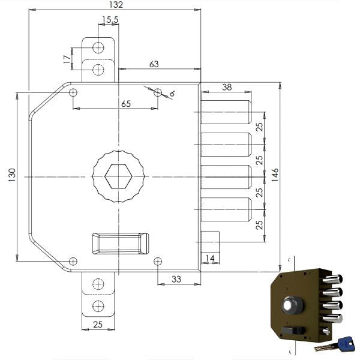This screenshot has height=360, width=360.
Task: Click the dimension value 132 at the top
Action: pyautogui.click(x=116, y=5)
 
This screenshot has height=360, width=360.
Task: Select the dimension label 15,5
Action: pyautogui.click(x=110, y=20)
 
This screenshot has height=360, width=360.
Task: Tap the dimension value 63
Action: pyautogui.click(x=154, y=64)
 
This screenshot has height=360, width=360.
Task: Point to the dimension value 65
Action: pyautogui.click(x=126, y=103)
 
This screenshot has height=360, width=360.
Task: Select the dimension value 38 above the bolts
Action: pyautogui.click(x=227, y=86)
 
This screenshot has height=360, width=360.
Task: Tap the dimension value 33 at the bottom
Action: pyautogui.click(x=176, y=278)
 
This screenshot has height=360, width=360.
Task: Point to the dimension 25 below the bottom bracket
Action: pyautogui.click(x=97, y=325)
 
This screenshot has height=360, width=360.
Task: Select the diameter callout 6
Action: pyautogui.click(x=172, y=94)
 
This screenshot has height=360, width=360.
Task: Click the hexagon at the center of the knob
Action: pyautogui.click(x=118, y=176)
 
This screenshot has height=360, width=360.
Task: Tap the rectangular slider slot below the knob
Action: pyautogui.click(x=119, y=244)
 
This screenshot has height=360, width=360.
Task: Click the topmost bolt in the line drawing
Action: pyautogui.click(x=226, y=112)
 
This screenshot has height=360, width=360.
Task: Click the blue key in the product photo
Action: pyautogui.click(x=345, y=343)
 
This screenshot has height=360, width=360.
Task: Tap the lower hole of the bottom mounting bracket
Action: pyautogui.click(x=98, y=307)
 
